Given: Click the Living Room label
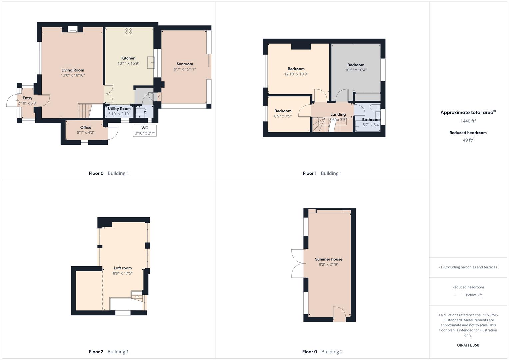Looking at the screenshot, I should (73, 70).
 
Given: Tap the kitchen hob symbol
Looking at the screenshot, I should (128, 31).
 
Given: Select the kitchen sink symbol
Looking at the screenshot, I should (151, 63).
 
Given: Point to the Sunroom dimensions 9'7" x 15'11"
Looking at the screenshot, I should (185, 69).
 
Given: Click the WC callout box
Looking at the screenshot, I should (145, 131).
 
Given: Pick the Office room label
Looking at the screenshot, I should (86, 127).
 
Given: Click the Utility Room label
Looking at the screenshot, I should (119, 109).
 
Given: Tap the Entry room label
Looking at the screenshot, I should (27, 98).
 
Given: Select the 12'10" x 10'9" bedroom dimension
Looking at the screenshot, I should (296, 74).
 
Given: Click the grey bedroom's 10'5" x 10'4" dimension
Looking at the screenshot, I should (356, 70).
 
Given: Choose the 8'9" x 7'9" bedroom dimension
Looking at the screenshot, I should (283, 116).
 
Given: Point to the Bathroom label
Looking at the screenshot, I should (371, 120).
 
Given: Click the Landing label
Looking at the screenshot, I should (338, 114).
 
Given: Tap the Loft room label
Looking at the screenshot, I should (123, 268).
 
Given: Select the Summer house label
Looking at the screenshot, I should (329, 259).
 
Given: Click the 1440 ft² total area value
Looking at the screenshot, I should (468, 121).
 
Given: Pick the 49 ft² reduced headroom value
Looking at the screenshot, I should (468, 140).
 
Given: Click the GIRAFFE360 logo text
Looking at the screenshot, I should (468, 345).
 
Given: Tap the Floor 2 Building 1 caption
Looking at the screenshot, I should (109, 352).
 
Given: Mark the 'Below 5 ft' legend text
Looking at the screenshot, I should (474, 295).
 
